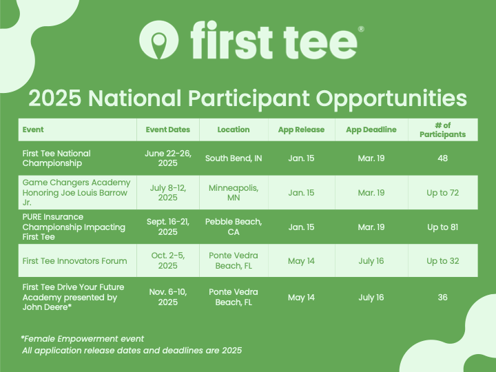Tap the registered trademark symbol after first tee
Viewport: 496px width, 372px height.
pos(361,29)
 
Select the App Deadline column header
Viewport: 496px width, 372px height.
pos(371,130)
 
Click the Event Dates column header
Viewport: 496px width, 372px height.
pos(167,130)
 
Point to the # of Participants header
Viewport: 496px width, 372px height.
pos(442,130)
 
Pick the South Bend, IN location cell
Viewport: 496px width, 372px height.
pos(234,158)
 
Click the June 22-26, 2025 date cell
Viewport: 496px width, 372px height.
pos(168,158)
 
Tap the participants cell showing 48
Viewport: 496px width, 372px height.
pos(442,158)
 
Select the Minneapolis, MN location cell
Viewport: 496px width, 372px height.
pos(234,193)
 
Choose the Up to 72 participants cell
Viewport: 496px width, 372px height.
pos(442,193)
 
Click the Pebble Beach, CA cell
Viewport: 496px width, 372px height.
pos(234,227)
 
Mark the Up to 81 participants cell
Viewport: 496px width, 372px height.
pos(442,227)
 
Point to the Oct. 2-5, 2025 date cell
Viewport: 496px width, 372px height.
pos(168,260)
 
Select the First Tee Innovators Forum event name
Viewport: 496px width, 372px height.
pos(74,261)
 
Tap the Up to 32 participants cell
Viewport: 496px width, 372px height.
pos(442,261)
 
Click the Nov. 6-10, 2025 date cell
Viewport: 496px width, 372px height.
pos(168,297)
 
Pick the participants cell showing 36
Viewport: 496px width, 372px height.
pos(442,298)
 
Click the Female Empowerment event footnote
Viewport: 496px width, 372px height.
pos(83,339)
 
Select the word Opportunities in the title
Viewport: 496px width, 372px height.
pos(391,99)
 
